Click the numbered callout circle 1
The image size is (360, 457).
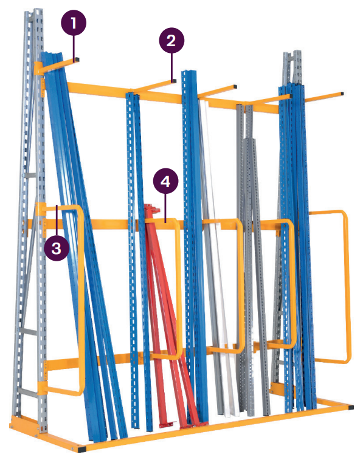[74, 22]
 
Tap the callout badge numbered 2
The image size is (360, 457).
[171, 41]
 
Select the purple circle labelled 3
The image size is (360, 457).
[57, 248]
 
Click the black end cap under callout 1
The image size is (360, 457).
[77, 60]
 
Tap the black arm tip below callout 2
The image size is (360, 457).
[174, 81]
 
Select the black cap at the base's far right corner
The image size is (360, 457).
[351, 407]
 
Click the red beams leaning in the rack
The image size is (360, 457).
[169, 315]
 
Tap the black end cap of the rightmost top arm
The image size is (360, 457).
[342, 94]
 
